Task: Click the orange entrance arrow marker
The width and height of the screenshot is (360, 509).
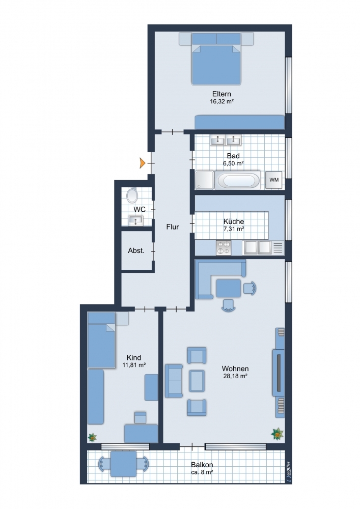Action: pyautogui.click(x=143, y=163)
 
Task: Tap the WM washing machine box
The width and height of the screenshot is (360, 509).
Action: pyautogui.click(x=273, y=180)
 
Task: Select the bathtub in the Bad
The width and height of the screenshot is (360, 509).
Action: pyautogui.click(x=239, y=180)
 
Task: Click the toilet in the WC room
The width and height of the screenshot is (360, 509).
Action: pyautogui.click(x=132, y=195)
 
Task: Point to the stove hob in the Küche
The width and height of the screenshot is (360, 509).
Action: pyautogui.click(x=224, y=248)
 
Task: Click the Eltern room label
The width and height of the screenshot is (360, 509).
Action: pyautogui.click(x=221, y=94)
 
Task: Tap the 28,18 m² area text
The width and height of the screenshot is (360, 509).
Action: pyautogui.click(x=235, y=376)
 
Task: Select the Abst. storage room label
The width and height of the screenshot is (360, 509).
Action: pyautogui.click(x=136, y=250)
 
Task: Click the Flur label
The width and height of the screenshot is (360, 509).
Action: pyautogui.click(x=173, y=227)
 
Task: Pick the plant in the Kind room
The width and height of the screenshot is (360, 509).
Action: pyautogui.click(x=93, y=437)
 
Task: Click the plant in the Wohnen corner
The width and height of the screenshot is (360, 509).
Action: pyautogui.click(x=278, y=434)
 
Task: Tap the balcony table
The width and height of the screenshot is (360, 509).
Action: pyautogui.click(x=123, y=464)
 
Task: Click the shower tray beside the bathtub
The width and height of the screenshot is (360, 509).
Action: pyautogui.click(x=205, y=180)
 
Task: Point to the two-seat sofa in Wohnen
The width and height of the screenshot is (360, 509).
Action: pyautogui.click(x=174, y=381)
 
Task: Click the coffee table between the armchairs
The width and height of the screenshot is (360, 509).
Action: pyautogui.click(x=197, y=381)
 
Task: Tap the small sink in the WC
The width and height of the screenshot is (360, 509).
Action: pyautogui.click(x=136, y=220)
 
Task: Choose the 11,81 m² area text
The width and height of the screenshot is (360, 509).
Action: pyautogui.click(x=134, y=365)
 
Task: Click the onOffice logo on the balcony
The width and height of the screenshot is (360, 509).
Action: pyautogui.click(x=288, y=469)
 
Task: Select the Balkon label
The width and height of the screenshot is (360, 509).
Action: pyautogui.click(x=202, y=465)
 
